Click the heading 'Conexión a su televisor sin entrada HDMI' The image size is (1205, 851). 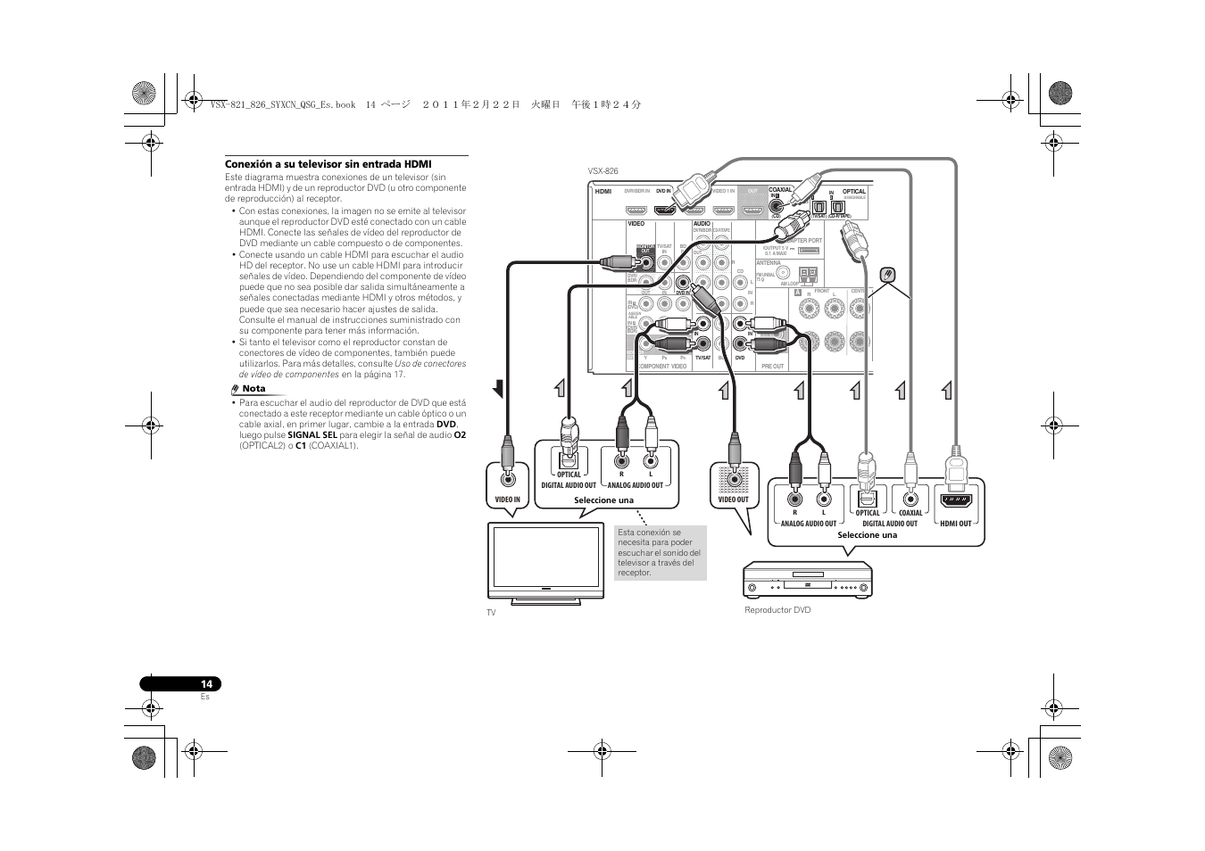[x=328, y=164]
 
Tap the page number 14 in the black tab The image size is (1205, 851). [x=206, y=684]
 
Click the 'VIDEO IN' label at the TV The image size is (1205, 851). [x=507, y=500]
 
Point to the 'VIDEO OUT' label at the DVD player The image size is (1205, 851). [x=734, y=500]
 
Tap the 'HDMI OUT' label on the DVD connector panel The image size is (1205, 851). [x=955, y=524]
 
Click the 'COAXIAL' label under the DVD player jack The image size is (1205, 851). [x=910, y=513]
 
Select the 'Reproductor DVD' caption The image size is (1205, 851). [x=777, y=610]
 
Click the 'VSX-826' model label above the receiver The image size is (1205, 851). [x=602, y=170]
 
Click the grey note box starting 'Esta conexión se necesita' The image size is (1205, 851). [x=661, y=553]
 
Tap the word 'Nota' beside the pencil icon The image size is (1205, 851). [x=254, y=389]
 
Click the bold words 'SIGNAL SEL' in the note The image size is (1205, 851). [x=312, y=435]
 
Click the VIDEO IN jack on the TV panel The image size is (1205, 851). [x=507, y=479]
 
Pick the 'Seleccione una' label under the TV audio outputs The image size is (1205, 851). [x=603, y=500]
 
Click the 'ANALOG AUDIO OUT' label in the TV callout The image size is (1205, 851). [x=636, y=485]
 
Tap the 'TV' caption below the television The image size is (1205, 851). [x=491, y=613]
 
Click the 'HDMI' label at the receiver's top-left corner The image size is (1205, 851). [x=602, y=191]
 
